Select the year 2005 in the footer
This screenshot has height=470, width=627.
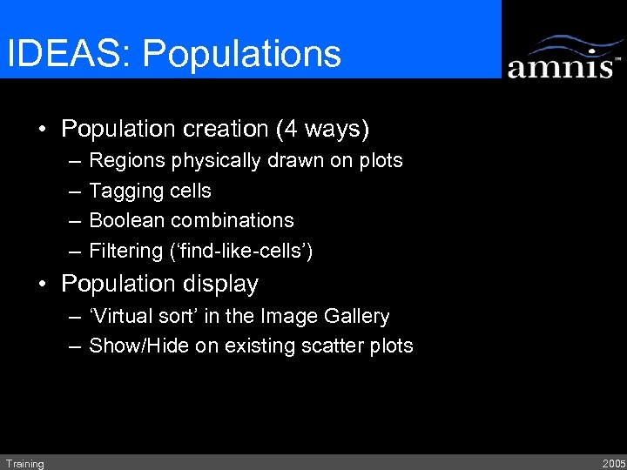pos(612,464)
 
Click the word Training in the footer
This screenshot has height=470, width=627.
pos(24,464)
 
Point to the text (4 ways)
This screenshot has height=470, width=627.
pos(322,130)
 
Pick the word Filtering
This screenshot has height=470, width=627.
pos(125,251)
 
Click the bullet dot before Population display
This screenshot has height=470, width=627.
pos(42,285)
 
